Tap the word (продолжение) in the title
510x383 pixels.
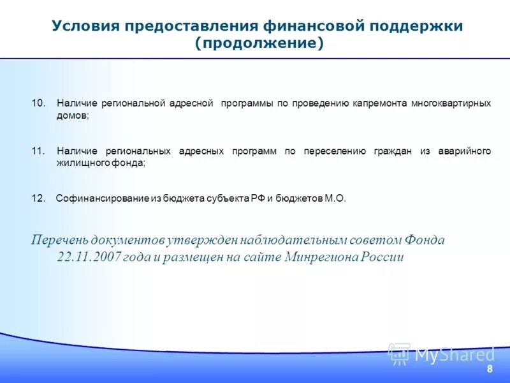(259, 43)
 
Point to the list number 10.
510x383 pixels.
(39, 103)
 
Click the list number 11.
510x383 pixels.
(39, 151)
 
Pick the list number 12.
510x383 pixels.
(39, 199)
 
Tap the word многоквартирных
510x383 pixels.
(451, 103)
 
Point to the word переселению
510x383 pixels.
(335, 151)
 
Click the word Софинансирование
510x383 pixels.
(103, 199)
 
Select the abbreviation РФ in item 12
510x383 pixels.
(256, 199)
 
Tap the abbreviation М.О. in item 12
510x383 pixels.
(335, 199)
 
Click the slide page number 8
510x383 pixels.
(490, 370)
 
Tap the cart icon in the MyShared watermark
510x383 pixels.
(399, 353)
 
